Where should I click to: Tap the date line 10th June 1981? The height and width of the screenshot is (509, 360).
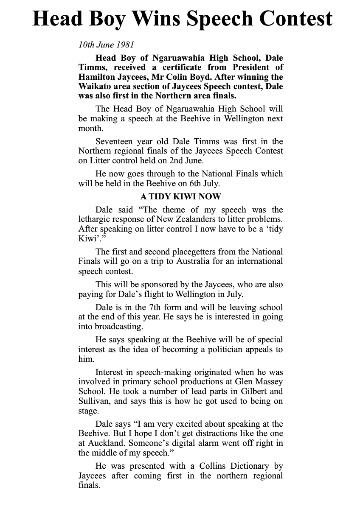[100, 44]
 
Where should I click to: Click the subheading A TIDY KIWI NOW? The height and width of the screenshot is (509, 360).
[180, 197]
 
